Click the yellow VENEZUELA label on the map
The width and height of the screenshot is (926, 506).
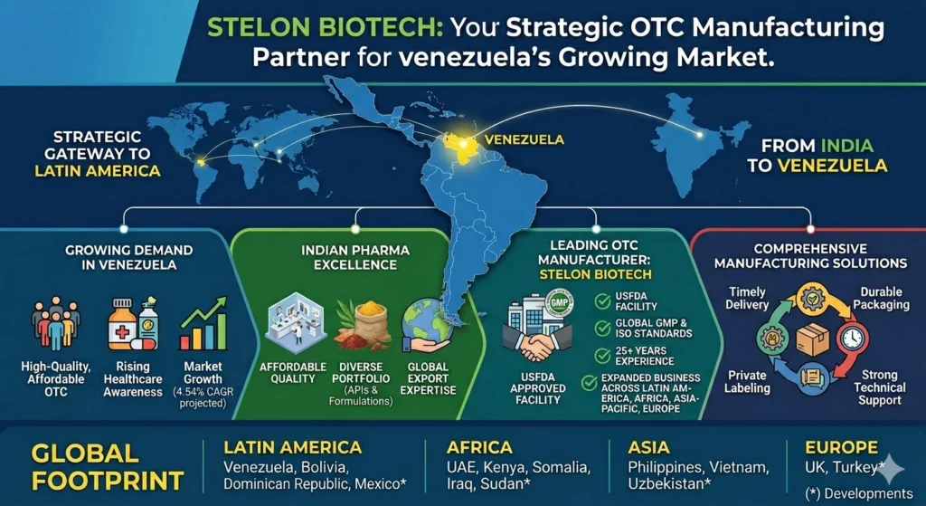click(x=524, y=139)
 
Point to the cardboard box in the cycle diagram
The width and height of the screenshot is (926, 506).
click(x=811, y=339)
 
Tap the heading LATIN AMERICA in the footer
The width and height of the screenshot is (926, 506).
click(x=292, y=447)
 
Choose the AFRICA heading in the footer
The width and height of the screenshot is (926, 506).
click(x=480, y=447)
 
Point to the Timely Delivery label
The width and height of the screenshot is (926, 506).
click(x=745, y=299)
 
